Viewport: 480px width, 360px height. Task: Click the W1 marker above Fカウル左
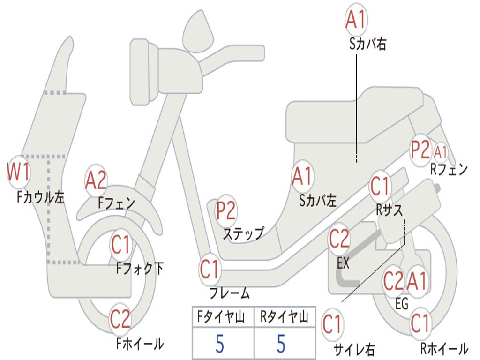tap(18, 172)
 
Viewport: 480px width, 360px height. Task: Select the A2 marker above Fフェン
tap(96, 180)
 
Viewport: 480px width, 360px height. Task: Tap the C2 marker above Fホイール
tap(120, 319)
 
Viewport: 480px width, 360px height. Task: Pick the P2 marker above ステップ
tap(226, 210)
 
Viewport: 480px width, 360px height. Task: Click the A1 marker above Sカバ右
tap(356, 19)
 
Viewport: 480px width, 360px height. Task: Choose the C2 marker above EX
tap(339, 239)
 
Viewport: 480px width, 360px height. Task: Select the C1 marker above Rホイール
tap(420, 323)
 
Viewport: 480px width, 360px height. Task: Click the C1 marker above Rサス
tap(380, 186)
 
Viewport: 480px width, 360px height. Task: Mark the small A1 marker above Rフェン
tap(441, 152)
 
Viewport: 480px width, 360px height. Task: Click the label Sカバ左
tap(318, 201)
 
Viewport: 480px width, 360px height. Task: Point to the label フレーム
tap(230, 293)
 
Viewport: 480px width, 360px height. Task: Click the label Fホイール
tap(140, 344)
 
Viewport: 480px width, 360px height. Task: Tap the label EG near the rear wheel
tap(402, 304)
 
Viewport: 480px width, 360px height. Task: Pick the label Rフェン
tap(449, 169)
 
